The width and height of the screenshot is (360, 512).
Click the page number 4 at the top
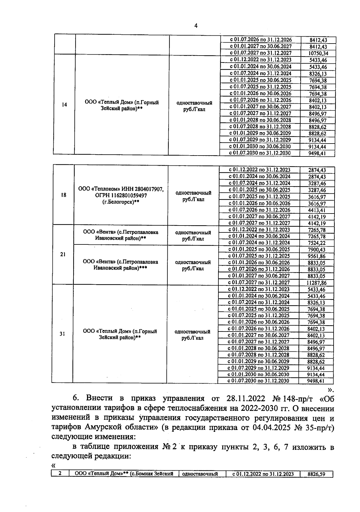coord(196,26)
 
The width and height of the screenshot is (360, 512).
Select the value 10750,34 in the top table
coord(318,53)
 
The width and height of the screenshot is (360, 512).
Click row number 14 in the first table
coord(64,105)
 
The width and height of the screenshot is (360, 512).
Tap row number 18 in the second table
coord(63,195)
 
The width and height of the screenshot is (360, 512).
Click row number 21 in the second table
coord(63,254)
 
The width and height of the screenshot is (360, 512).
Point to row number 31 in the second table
coord(62,334)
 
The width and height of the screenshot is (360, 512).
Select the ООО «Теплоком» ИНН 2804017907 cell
coord(121,195)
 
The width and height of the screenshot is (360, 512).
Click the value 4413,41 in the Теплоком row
coord(317,210)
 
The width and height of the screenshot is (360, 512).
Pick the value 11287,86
coord(317,283)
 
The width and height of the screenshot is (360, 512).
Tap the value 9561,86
coord(317,256)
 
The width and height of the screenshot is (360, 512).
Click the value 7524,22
coord(317,243)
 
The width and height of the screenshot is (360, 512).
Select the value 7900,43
coord(317,250)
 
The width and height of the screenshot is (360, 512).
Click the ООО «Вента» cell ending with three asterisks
coord(120,265)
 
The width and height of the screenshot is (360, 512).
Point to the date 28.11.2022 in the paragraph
coord(244,398)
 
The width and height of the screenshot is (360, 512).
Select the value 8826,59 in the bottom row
coord(316,475)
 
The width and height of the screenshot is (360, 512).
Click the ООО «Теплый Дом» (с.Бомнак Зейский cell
coord(124,474)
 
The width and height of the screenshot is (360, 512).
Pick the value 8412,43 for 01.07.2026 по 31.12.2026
coord(318,40)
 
